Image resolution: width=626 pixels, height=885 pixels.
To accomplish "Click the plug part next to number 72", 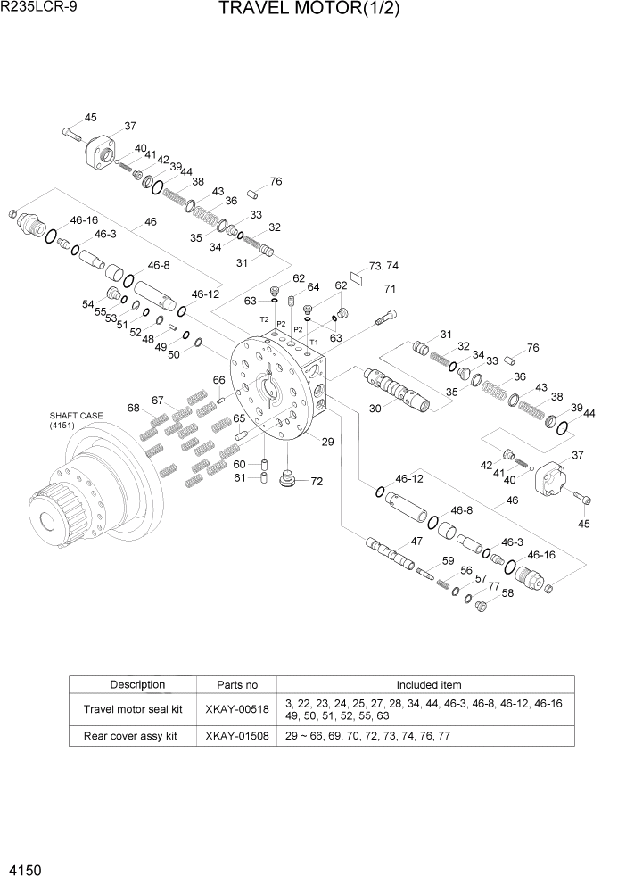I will (288, 480).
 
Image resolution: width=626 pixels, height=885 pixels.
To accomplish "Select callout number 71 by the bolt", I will (390, 289).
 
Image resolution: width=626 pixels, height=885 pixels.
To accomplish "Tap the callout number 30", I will (376, 409).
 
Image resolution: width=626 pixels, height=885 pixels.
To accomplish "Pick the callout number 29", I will (327, 442).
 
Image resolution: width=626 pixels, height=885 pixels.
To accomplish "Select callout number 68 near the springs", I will (133, 409).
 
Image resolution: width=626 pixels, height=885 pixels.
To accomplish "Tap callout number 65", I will (239, 418).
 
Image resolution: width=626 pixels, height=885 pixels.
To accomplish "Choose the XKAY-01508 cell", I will (236, 736).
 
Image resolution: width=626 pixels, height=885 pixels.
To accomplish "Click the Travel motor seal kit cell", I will (132, 709).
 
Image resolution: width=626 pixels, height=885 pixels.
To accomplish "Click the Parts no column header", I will (236, 685).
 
